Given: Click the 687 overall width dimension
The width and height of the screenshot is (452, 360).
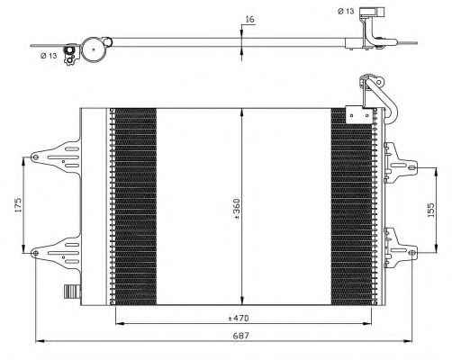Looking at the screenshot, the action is coord(240,336).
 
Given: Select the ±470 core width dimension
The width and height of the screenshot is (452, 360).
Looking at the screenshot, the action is coord(239,318).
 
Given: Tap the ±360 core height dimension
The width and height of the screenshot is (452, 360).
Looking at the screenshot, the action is coord(237,210).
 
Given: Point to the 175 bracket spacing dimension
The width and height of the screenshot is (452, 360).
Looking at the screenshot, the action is coord(18,205).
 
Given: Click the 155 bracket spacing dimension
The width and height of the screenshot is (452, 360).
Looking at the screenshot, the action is coord(430,210).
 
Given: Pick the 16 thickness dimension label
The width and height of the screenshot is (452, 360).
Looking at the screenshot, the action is coord(249,20).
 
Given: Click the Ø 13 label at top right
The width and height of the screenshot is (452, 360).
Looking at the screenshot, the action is coord(346,12).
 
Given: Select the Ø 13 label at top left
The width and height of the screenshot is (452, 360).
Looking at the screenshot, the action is coord(49,56).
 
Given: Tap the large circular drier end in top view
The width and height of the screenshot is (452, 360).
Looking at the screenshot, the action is coord(94,49).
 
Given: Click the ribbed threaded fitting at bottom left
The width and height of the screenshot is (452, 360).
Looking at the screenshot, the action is coord(72,292).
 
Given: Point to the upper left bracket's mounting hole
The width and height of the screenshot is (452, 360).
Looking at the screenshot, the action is coord(35,157).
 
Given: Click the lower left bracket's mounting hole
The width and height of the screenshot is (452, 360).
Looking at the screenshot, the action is coord(35,253).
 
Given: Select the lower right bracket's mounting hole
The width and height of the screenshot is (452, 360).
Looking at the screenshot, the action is coord(412,253).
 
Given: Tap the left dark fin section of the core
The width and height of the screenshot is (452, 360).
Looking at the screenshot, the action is coord(136,206).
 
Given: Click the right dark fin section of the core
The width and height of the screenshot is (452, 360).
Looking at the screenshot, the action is coord(351,206).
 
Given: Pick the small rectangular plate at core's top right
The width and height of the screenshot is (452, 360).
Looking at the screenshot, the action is coord(359,114).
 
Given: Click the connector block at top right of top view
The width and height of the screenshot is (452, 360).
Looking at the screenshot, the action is coord(372,13).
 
